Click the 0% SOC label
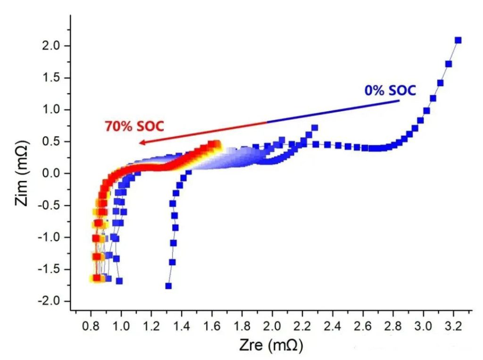pos(390,90)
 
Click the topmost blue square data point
pos(458,41)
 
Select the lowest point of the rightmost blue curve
pos(168,286)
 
